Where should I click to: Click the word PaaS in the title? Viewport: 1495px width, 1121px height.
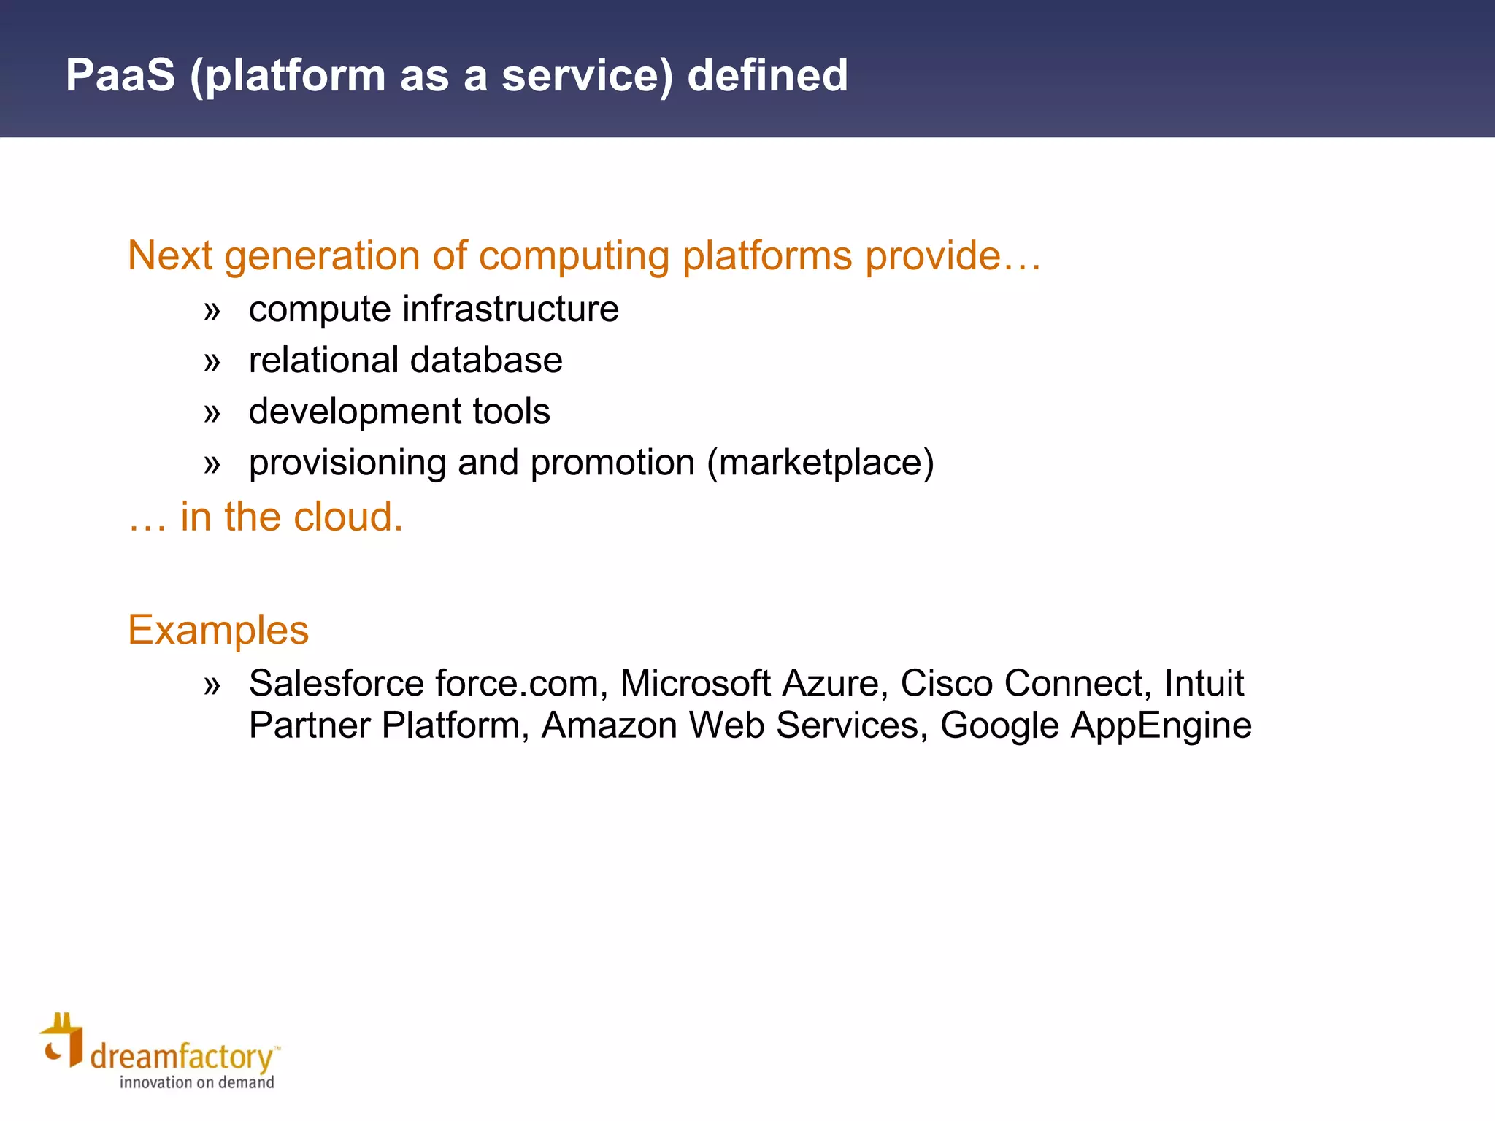(120, 75)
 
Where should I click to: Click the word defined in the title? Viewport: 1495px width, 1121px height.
(767, 75)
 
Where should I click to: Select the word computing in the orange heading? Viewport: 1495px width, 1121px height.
(574, 256)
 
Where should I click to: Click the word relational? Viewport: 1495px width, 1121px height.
(323, 360)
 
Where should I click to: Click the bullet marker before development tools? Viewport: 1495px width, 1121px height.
(212, 413)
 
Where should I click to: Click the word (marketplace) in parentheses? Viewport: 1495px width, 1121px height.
(820, 463)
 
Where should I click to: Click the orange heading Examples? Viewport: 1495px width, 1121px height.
(218, 630)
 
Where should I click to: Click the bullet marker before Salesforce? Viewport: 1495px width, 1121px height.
(212, 685)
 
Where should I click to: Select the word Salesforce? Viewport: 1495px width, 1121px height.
(337, 684)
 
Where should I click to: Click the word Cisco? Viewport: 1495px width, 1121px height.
(946, 684)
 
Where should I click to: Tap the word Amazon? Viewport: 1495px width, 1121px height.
(609, 725)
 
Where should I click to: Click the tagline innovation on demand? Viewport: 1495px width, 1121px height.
(196, 1082)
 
